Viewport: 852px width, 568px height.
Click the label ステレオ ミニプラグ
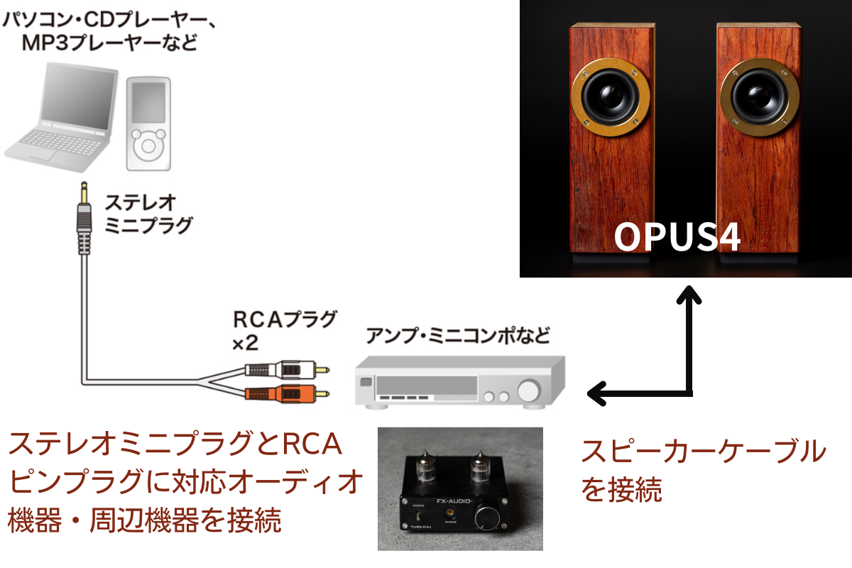point(148,214)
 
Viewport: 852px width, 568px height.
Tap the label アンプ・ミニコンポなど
point(457,334)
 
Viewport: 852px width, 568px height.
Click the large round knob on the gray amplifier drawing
point(528,391)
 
